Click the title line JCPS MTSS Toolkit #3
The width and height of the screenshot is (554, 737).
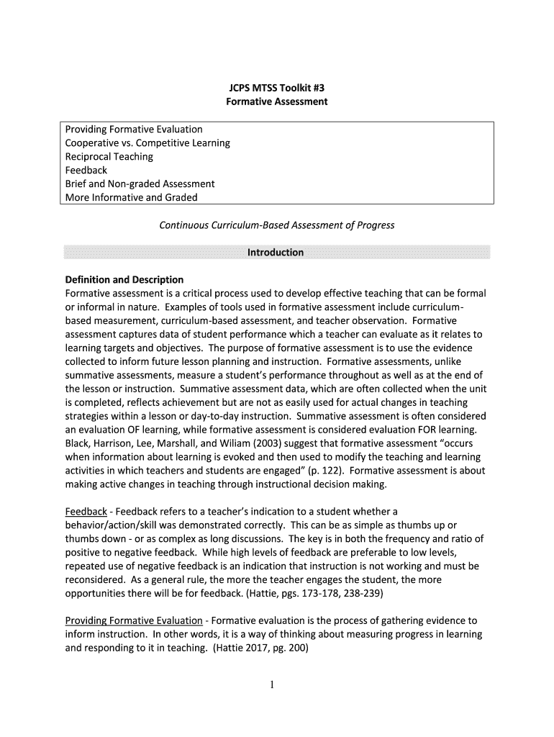(x=277, y=89)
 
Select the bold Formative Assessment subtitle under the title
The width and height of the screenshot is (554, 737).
(x=277, y=102)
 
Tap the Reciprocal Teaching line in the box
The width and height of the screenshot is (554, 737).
(x=109, y=157)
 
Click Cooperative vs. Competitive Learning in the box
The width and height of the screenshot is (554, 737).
(x=147, y=143)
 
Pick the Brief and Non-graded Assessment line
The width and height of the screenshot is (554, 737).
(x=140, y=184)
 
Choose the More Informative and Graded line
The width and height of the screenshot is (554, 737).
(x=131, y=197)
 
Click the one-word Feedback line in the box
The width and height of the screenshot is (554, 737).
(x=86, y=171)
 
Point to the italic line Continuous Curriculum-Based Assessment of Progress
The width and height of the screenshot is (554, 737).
(x=276, y=225)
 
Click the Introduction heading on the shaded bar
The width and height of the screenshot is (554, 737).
(x=276, y=253)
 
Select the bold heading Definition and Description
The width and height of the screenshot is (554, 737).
(x=124, y=279)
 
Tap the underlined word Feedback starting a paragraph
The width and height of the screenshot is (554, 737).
(x=86, y=511)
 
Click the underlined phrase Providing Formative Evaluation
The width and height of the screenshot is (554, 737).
(x=134, y=620)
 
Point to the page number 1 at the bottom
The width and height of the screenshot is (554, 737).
(x=277, y=684)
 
